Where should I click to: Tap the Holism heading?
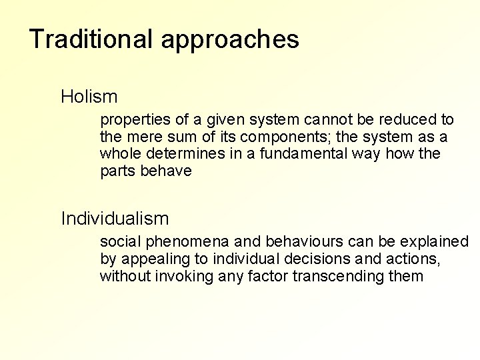(x=89, y=97)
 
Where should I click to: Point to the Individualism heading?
(x=115, y=218)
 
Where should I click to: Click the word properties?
(x=133, y=121)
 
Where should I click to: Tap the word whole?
(x=121, y=154)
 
